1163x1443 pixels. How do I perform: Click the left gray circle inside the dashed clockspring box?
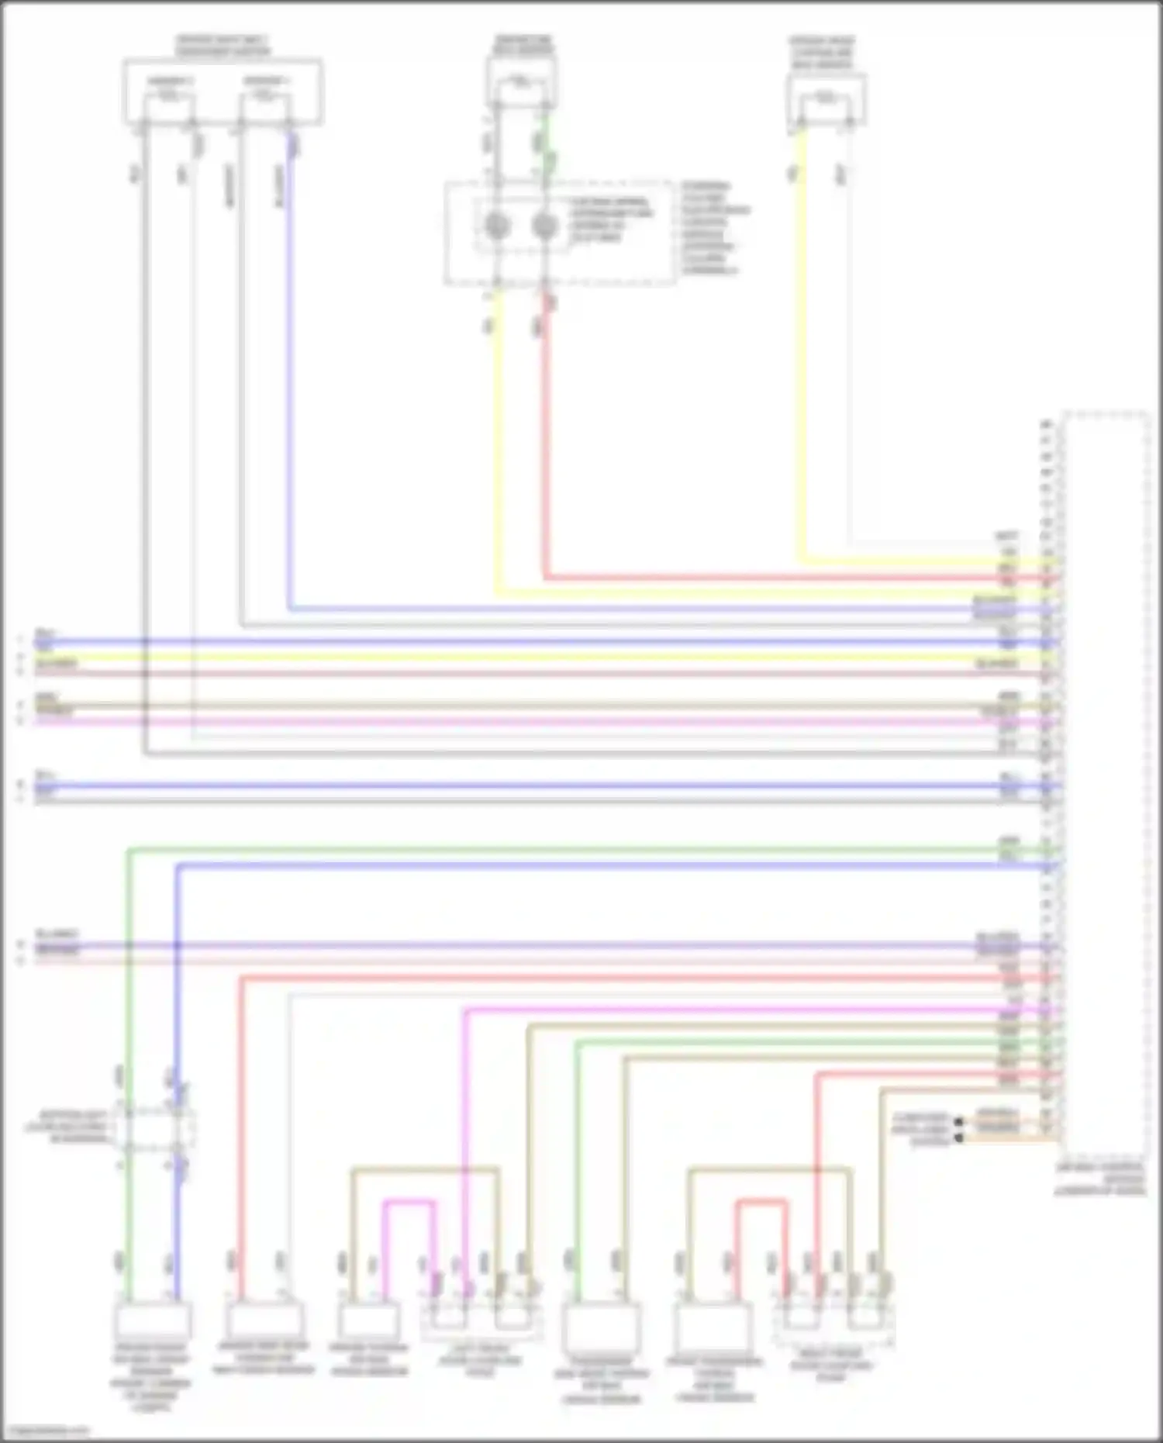tap(496, 226)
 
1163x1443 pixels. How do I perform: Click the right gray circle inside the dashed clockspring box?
tap(545, 226)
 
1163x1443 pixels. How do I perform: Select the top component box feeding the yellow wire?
tap(826, 99)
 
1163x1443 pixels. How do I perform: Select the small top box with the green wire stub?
tap(521, 81)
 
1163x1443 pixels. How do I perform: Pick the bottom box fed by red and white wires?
tap(264, 1319)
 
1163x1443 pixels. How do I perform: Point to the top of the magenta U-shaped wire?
tap(408, 1203)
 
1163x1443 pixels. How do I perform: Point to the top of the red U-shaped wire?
tap(761, 1203)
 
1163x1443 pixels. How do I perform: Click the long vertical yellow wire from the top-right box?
tap(801, 349)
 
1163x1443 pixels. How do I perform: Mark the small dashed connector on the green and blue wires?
tap(154, 1127)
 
